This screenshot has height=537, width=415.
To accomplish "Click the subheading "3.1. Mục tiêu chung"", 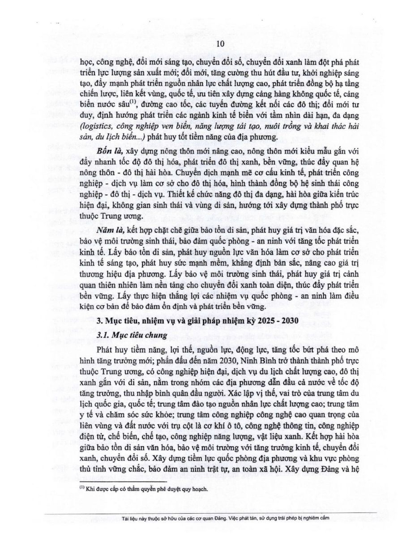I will point(130,335).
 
